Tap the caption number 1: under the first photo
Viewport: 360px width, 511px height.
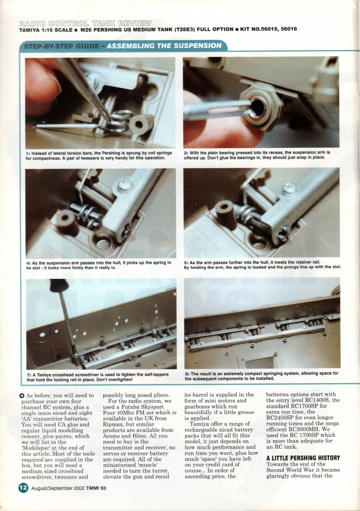[29, 153]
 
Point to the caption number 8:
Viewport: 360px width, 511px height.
[187, 374]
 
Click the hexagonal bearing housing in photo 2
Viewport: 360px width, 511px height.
[258, 107]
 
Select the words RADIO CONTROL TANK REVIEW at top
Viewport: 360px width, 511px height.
[84, 23]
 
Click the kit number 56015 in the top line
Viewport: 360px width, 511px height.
[269, 29]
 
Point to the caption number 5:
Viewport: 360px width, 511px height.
[187, 262]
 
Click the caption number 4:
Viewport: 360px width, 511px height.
[29, 262]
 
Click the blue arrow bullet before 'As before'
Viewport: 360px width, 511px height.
[21, 396]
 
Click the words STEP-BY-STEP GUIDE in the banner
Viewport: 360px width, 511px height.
[62, 46]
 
